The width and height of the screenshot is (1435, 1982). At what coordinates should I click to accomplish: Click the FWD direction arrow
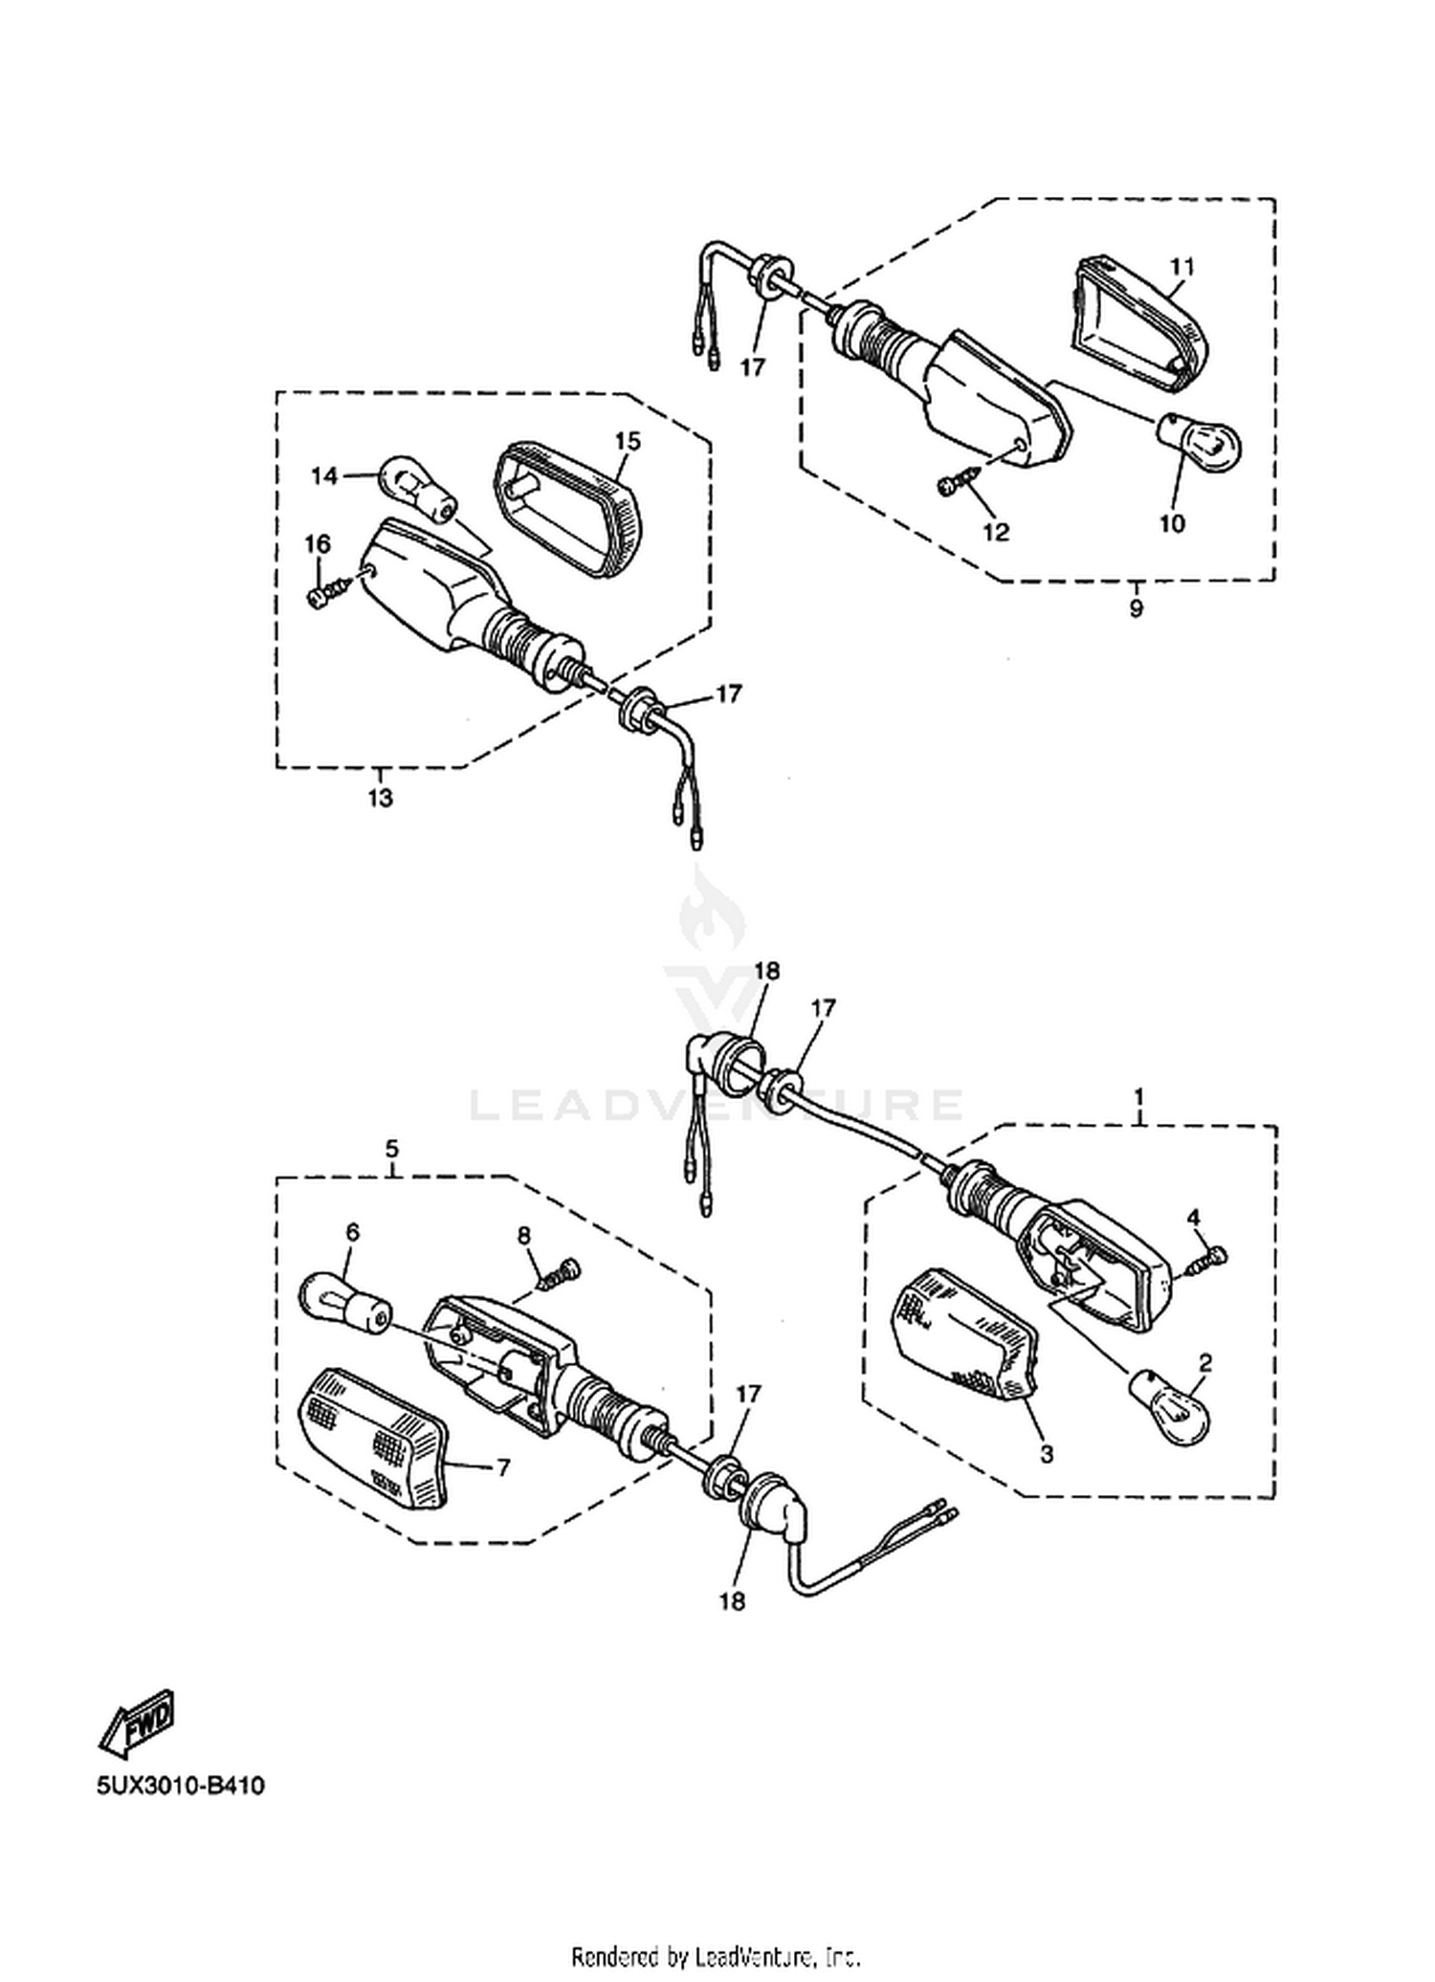click(x=137, y=1725)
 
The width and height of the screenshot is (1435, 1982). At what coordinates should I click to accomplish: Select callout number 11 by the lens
click(x=1182, y=267)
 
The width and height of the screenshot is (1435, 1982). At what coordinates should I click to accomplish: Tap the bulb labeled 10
click(x=1201, y=442)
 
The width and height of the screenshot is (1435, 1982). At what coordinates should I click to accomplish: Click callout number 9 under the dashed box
click(x=1136, y=607)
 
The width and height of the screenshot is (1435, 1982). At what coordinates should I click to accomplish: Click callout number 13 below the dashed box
click(x=380, y=797)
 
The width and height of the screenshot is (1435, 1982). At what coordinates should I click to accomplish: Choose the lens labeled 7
click(x=375, y=1438)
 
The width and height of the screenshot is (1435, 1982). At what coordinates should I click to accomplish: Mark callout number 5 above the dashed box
click(x=392, y=1148)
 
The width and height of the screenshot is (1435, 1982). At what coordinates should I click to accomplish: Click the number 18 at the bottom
click(x=734, y=1600)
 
